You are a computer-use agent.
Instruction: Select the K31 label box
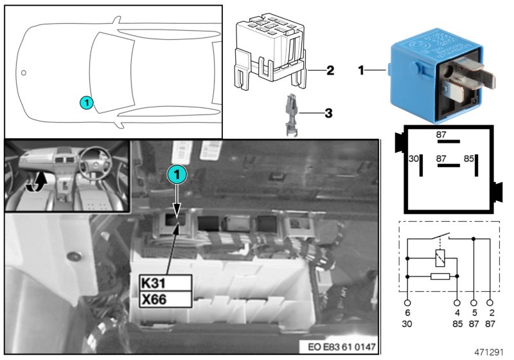coord(165,283)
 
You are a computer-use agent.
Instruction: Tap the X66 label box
coord(165,299)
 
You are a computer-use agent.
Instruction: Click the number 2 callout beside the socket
coord(330,69)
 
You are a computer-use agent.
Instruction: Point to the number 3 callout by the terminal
coord(328,114)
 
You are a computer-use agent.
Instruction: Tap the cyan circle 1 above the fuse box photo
coord(177,173)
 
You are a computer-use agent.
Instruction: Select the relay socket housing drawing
coord(270,52)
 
